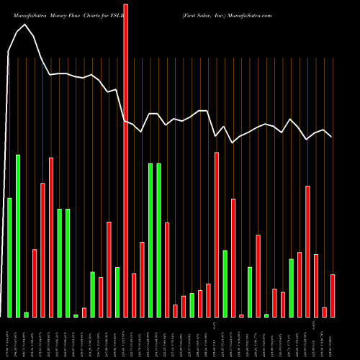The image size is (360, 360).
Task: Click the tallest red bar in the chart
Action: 126,158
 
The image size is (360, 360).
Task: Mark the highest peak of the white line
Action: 26,24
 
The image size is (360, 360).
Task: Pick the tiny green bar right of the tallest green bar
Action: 26,314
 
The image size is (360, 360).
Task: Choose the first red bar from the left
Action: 35,283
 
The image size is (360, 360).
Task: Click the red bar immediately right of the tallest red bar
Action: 134,295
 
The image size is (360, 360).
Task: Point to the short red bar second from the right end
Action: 325,312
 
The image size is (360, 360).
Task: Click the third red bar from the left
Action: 51,237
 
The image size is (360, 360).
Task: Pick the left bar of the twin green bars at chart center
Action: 150,240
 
